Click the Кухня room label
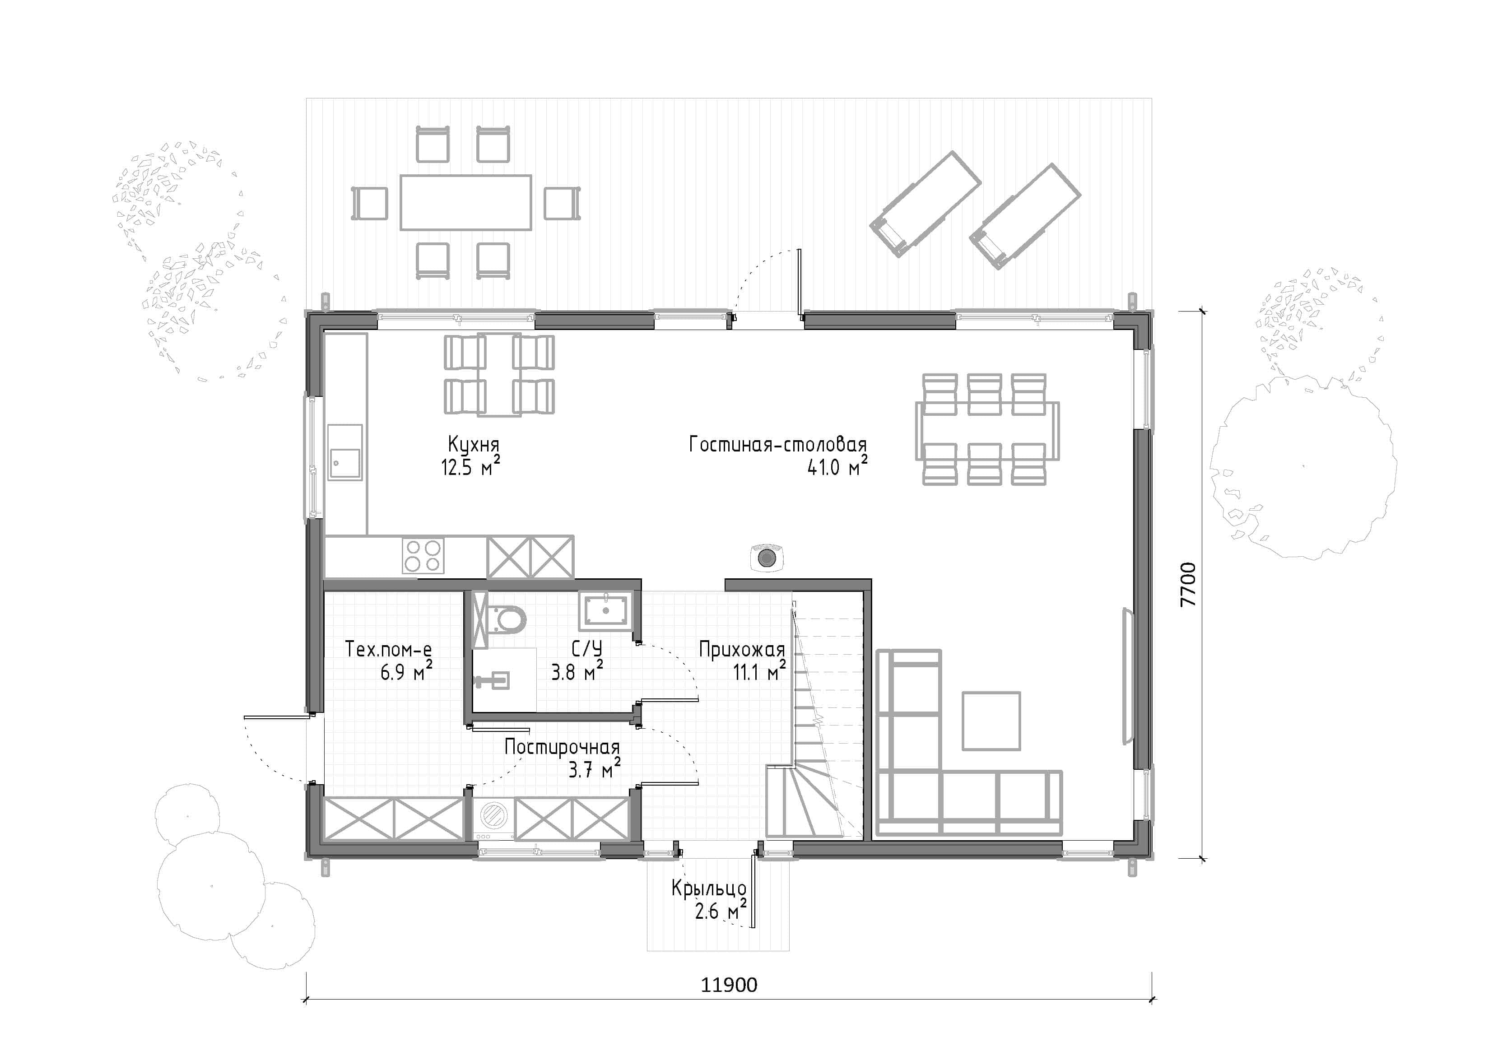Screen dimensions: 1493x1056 tap(474, 445)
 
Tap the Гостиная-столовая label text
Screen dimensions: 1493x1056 tap(778, 445)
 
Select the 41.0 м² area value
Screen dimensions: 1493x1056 tap(837, 466)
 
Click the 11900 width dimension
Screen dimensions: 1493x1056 tap(729, 985)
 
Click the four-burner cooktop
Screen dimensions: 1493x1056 tap(423, 556)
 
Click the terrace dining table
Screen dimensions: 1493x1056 tap(465, 202)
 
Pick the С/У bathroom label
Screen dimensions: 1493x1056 tap(586, 649)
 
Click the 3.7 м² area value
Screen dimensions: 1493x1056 tap(594, 770)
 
